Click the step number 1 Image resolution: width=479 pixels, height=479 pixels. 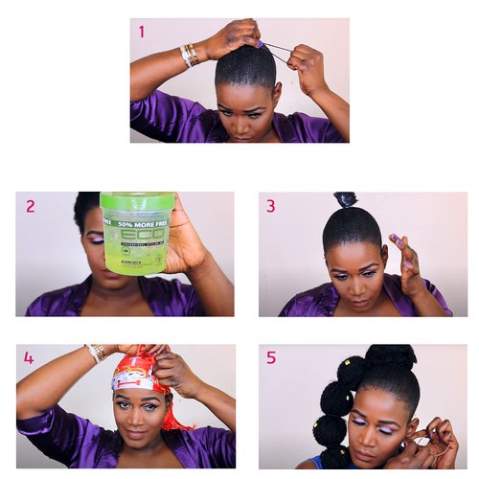142,32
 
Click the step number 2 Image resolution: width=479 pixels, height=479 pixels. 31,205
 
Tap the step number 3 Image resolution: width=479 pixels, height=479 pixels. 271,205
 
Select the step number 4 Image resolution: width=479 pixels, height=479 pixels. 29,358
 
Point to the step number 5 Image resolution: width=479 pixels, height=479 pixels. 271,357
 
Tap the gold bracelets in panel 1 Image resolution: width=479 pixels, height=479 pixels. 190,55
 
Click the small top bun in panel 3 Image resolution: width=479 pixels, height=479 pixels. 345,200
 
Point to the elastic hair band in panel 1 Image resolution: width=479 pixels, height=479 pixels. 278,50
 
